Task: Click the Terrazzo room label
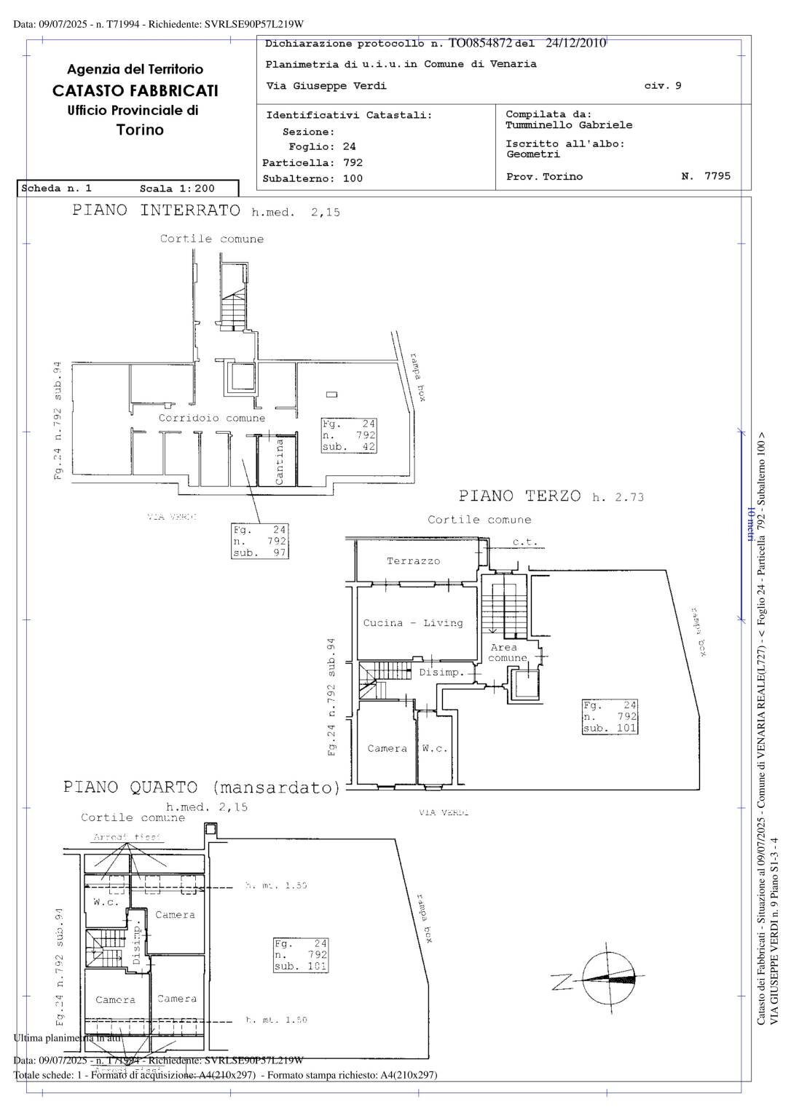(x=413, y=561)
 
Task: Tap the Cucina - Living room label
(x=413, y=623)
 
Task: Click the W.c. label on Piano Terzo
(x=435, y=748)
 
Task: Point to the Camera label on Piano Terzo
(x=387, y=748)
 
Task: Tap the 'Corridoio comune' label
(x=212, y=419)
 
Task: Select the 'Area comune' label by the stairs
(x=506, y=652)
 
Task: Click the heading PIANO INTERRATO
(x=156, y=211)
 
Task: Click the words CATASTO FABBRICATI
(x=135, y=91)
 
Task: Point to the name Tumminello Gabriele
(x=569, y=125)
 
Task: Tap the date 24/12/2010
(x=575, y=43)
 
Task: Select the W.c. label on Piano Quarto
(x=106, y=902)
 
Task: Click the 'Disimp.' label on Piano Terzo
(x=441, y=673)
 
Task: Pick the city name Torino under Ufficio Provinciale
(x=140, y=130)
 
